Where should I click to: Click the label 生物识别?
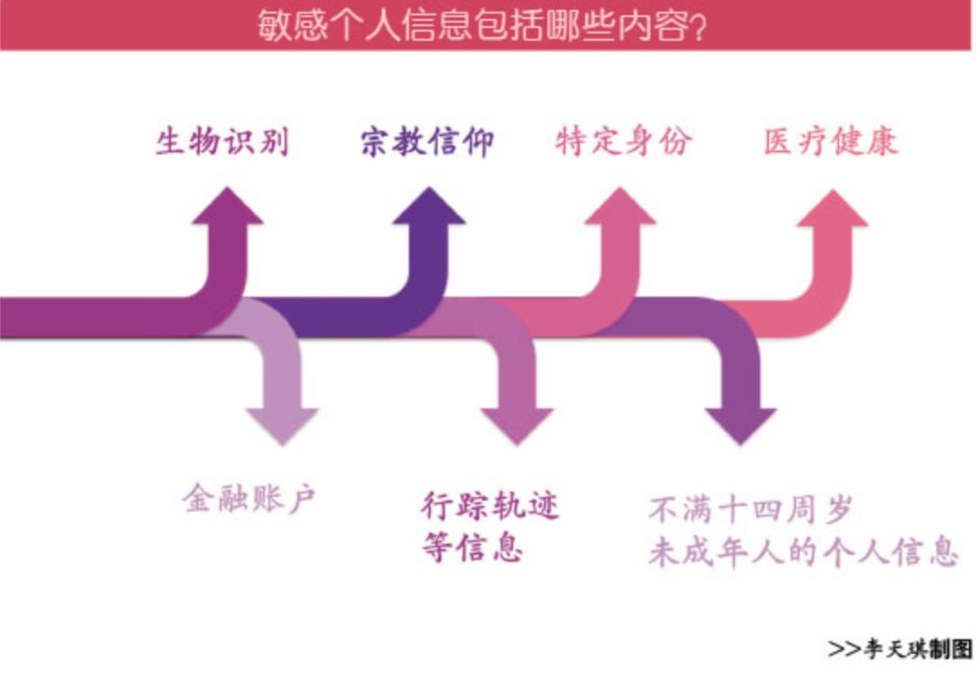pyautogui.click(x=222, y=142)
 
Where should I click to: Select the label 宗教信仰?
pyautogui.click(x=427, y=142)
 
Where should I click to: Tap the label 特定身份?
pyautogui.click(x=624, y=141)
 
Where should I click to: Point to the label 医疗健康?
pyautogui.click(x=830, y=142)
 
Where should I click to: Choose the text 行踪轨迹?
pyautogui.click(x=490, y=505)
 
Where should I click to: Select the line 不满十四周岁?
pyautogui.click(x=751, y=509)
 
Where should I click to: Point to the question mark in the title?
pyautogui.click(x=697, y=25)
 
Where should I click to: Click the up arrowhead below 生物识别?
pyautogui.click(x=226, y=206)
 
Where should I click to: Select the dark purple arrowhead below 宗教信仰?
pyautogui.click(x=428, y=206)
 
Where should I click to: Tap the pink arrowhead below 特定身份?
pyautogui.click(x=620, y=206)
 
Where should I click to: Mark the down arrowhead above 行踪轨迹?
pyautogui.click(x=517, y=426)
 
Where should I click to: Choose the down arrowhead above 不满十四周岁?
pyautogui.click(x=741, y=426)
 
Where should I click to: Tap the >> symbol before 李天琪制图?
pyautogui.click(x=842, y=649)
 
